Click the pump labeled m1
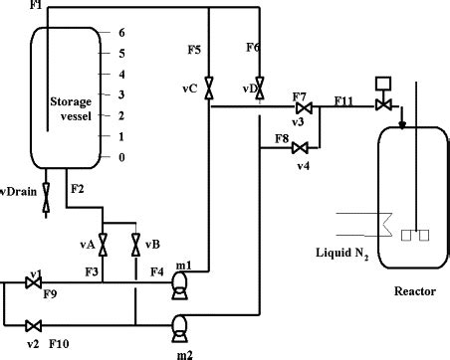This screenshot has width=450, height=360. [180, 284]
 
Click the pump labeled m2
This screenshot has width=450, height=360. [180, 324]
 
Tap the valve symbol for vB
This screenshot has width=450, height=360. [135, 242]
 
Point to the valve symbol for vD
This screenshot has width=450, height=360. [259, 84]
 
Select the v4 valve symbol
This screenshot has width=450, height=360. [300, 149]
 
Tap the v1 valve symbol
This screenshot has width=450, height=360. [33, 282]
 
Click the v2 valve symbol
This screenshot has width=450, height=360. [33, 324]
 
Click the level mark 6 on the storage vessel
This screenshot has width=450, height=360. [120, 32]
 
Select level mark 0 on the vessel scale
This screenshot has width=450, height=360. [120, 157]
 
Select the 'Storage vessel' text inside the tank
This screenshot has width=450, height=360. [72, 109]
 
